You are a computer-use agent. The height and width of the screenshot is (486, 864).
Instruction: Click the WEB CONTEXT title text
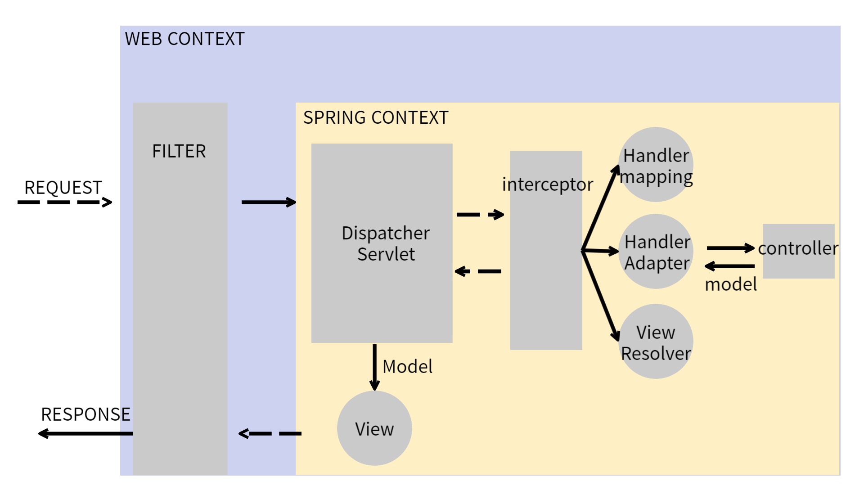(184, 39)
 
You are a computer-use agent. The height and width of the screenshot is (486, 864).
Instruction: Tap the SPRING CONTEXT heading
(376, 118)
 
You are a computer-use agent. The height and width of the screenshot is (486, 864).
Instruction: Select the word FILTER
(179, 151)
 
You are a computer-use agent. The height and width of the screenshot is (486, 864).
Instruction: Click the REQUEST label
(63, 188)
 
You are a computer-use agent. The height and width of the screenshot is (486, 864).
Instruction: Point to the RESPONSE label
(85, 414)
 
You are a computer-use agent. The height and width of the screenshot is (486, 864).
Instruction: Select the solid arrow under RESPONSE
(85, 433)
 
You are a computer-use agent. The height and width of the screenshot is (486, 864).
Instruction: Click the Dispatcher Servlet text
(386, 243)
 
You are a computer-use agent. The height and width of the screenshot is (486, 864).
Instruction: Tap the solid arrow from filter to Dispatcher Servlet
(269, 202)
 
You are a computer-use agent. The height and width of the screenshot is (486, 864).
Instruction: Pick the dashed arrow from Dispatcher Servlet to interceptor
(480, 215)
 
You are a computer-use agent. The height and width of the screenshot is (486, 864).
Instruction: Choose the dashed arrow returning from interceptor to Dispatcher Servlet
(478, 271)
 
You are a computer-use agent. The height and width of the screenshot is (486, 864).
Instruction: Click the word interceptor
(548, 184)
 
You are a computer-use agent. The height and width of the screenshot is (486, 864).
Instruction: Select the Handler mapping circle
(656, 165)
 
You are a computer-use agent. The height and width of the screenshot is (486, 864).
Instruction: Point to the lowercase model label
(731, 285)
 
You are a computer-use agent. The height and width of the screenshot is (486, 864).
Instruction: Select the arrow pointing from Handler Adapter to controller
(730, 248)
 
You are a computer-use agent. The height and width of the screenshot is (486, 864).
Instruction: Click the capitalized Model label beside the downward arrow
(407, 367)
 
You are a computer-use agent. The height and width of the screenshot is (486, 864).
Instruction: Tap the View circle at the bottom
(374, 428)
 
